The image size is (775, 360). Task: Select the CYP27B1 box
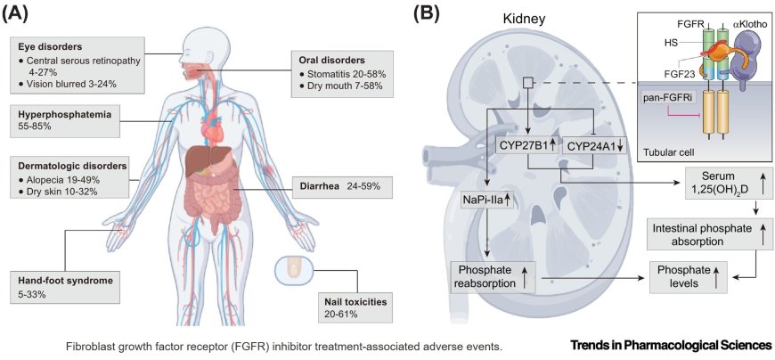[526, 143]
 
